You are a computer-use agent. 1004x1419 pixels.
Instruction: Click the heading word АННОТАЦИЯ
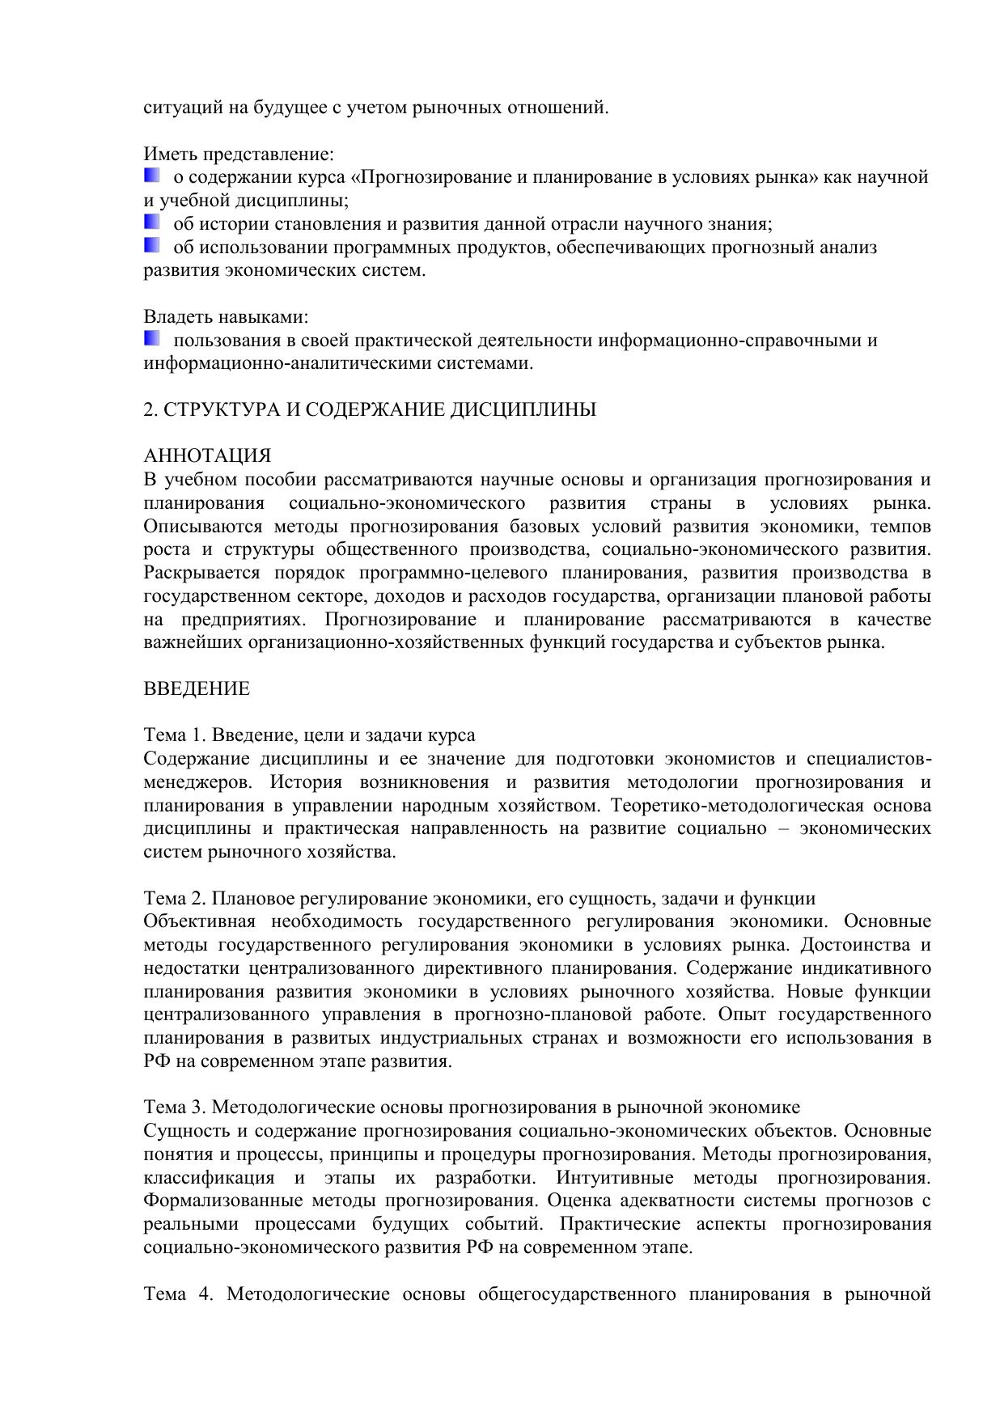point(207,456)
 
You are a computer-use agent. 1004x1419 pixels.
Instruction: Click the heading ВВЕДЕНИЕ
point(197,689)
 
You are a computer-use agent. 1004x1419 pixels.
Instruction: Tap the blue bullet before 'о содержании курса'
point(152,175)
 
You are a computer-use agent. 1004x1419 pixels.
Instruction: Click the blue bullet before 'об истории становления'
point(152,222)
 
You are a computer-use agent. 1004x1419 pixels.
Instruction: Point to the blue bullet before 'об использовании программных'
point(152,245)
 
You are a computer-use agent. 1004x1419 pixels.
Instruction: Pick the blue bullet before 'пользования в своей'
point(152,338)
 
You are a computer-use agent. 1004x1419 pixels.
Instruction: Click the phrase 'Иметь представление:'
point(239,154)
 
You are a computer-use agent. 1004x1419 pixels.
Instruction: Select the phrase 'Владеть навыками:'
point(227,316)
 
